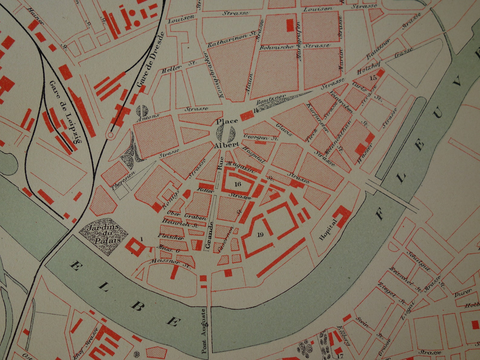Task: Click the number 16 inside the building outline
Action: click(238, 184)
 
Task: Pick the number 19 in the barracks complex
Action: click(261, 234)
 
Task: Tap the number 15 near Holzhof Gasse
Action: click(374, 77)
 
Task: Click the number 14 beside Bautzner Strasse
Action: click(256, 110)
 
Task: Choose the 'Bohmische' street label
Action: click(277, 47)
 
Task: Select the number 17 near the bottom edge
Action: click(340, 356)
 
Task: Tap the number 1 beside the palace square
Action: click(141, 239)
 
